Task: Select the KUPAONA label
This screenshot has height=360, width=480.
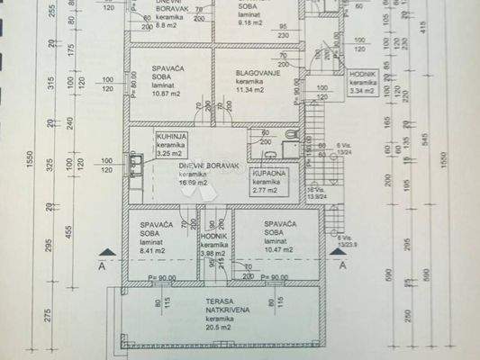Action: [x=269, y=173]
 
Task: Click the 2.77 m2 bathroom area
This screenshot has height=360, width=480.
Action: [x=266, y=191]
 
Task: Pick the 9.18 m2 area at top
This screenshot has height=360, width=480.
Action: [x=249, y=23]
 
